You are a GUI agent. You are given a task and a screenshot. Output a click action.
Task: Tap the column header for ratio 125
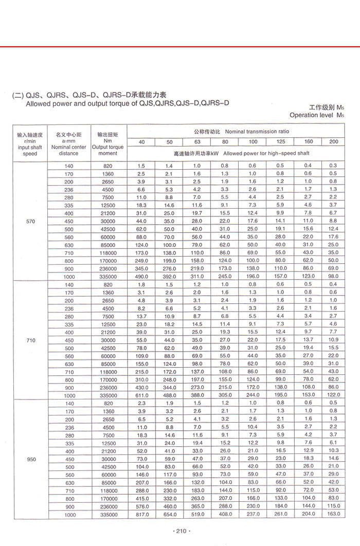pyautogui.click(x=280, y=141)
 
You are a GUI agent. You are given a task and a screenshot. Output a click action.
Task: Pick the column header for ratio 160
pyautogui.click(x=308, y=141)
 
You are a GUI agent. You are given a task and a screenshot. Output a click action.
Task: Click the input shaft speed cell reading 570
pyautogui.click(x=30, y=221)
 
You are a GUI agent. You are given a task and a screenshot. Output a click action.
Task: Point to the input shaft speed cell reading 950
pyautogui.click(x=30, y=459)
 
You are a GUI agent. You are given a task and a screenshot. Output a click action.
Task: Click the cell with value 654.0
pyautogui.click(x=169, y=515)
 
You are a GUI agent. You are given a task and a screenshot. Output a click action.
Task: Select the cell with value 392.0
pyautogui.click(x=169, y=277)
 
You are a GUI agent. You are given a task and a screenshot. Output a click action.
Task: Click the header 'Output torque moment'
pyautogui.click(x=108, y=150)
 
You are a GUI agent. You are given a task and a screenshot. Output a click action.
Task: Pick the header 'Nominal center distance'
pyautogui.click(x=69, y=150)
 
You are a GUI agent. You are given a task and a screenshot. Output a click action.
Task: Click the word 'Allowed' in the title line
pyautogui.click(x=39, y=103)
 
